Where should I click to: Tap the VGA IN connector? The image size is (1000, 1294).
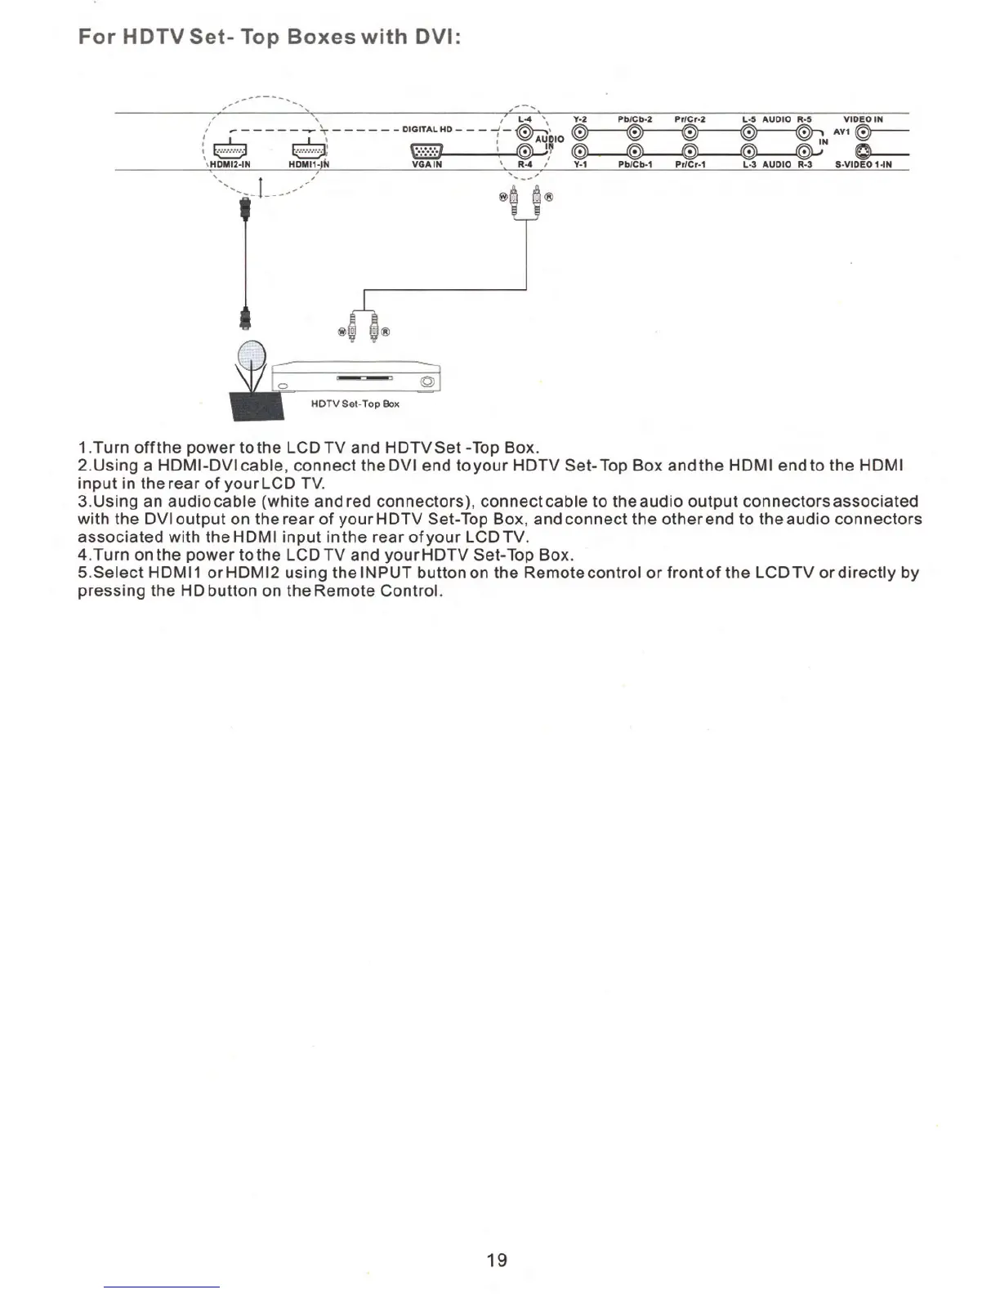click(x=426, y=152)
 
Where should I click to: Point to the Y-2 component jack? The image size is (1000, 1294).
click(x=579, y=133)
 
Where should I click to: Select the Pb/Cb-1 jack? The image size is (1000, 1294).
click(x=634, y=151)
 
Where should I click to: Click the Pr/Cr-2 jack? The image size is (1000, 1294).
click(x=690, y=133)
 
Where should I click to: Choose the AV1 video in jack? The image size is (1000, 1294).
click(x=863, y=133)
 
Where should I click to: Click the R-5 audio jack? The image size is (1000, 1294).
click(x=803, y=133)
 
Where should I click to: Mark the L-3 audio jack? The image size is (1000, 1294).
click(x=748, y=151)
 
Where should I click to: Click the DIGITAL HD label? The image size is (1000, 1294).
click(x=427, y=129)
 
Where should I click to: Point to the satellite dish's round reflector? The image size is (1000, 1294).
click(x=252, y=355)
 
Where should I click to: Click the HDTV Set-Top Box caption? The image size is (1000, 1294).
click(x=355, y=404)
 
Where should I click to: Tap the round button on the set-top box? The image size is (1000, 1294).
click(x=426, y=382)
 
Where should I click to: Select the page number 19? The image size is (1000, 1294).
click(x=497, y=1260)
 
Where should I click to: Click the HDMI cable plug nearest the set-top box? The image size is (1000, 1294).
click(x=244, y=315)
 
